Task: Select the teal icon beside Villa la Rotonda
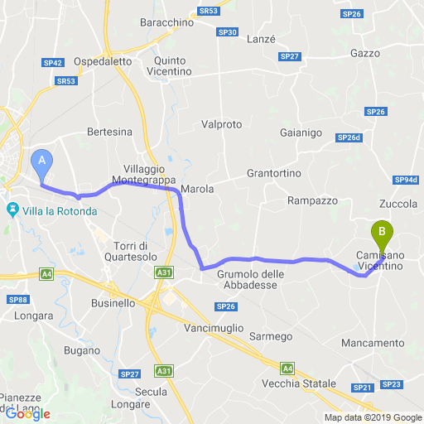13,210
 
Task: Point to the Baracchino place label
166,22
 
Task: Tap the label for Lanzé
261,39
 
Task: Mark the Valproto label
222,124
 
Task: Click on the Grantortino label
274,174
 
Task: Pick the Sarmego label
272,336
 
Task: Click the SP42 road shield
55,62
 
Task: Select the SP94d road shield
407,180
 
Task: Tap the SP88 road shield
18,300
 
